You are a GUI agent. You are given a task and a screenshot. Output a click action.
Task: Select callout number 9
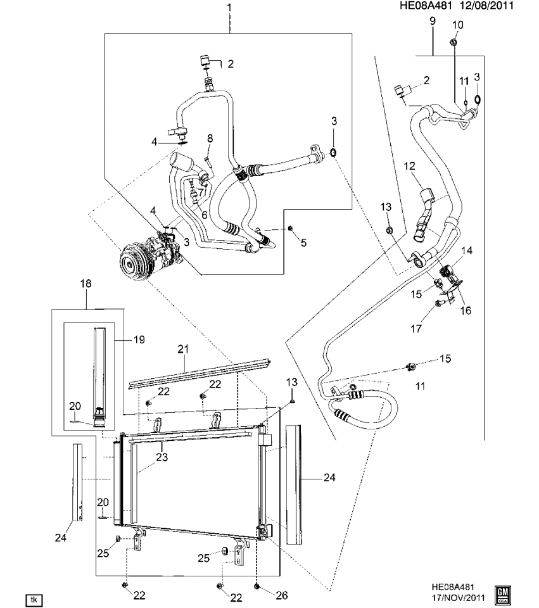pos(432,22)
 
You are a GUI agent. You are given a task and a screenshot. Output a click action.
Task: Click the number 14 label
pos(467,251)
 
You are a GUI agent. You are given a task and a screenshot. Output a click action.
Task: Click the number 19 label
pos(139,340)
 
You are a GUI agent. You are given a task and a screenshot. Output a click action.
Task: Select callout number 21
pos(184,349)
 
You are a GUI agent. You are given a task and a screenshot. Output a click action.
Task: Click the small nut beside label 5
pos(289,228)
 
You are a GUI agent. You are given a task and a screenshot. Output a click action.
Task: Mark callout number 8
pos(210,138)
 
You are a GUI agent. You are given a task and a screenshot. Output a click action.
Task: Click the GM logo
pos(504,593)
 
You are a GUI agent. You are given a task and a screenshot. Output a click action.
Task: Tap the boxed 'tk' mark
pos(33,598)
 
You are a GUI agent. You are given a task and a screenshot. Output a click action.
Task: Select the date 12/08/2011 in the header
pos(488,6)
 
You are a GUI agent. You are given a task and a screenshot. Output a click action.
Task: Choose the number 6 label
pos(204,215)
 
